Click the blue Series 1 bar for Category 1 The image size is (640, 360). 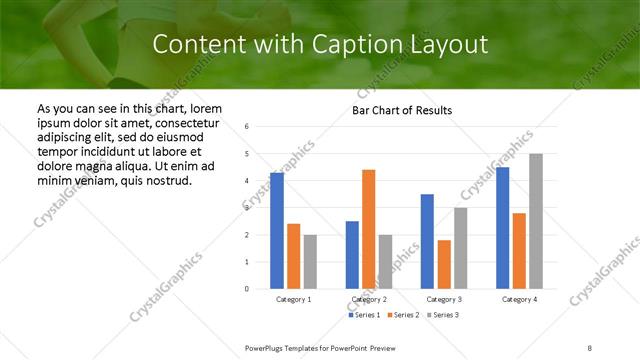pos(277,231)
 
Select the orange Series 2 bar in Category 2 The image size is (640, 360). pos(369,229)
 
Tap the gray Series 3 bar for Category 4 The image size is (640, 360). pos(536,221)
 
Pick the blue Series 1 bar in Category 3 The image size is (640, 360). pos(427,241)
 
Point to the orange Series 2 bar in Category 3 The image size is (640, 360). pos(444,264)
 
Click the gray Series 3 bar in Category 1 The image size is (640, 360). pos(311,262)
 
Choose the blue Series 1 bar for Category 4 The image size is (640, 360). pos(502,228)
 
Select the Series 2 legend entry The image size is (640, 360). pos(403,315)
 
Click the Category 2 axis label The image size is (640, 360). pos(369,300)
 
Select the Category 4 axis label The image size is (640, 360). pos(519,300)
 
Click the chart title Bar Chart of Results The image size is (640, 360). pos(402,110)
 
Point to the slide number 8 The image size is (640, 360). pos(590,347)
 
